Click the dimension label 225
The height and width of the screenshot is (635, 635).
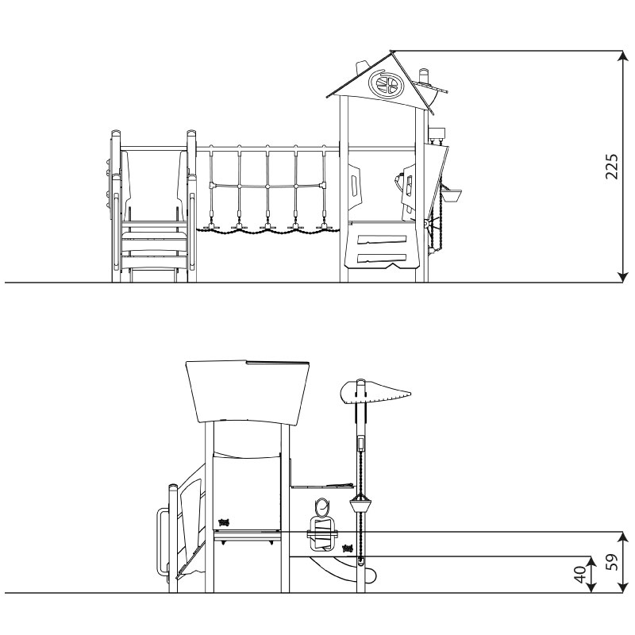pos(611,167)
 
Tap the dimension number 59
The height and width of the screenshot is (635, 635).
pos(614,562)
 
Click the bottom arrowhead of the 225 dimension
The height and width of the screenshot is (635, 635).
pos(622,275)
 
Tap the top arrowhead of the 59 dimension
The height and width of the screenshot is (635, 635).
pos(623,538)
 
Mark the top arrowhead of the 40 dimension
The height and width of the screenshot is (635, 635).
pos(592,563)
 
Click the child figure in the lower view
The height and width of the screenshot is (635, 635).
pos(322,525)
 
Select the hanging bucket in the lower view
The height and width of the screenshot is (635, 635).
pos(361,505)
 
